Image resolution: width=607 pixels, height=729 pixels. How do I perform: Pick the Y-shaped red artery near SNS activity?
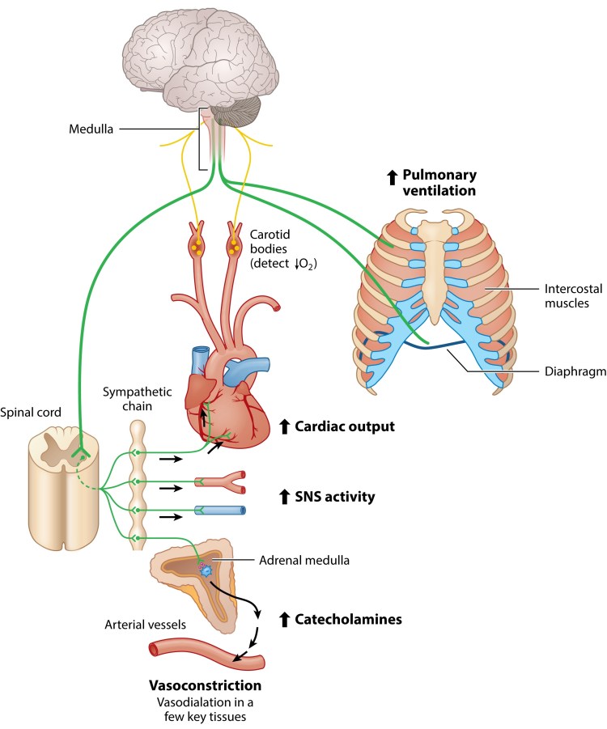[219, 484]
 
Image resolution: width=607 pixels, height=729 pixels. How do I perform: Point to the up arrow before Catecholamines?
[284, 621]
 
